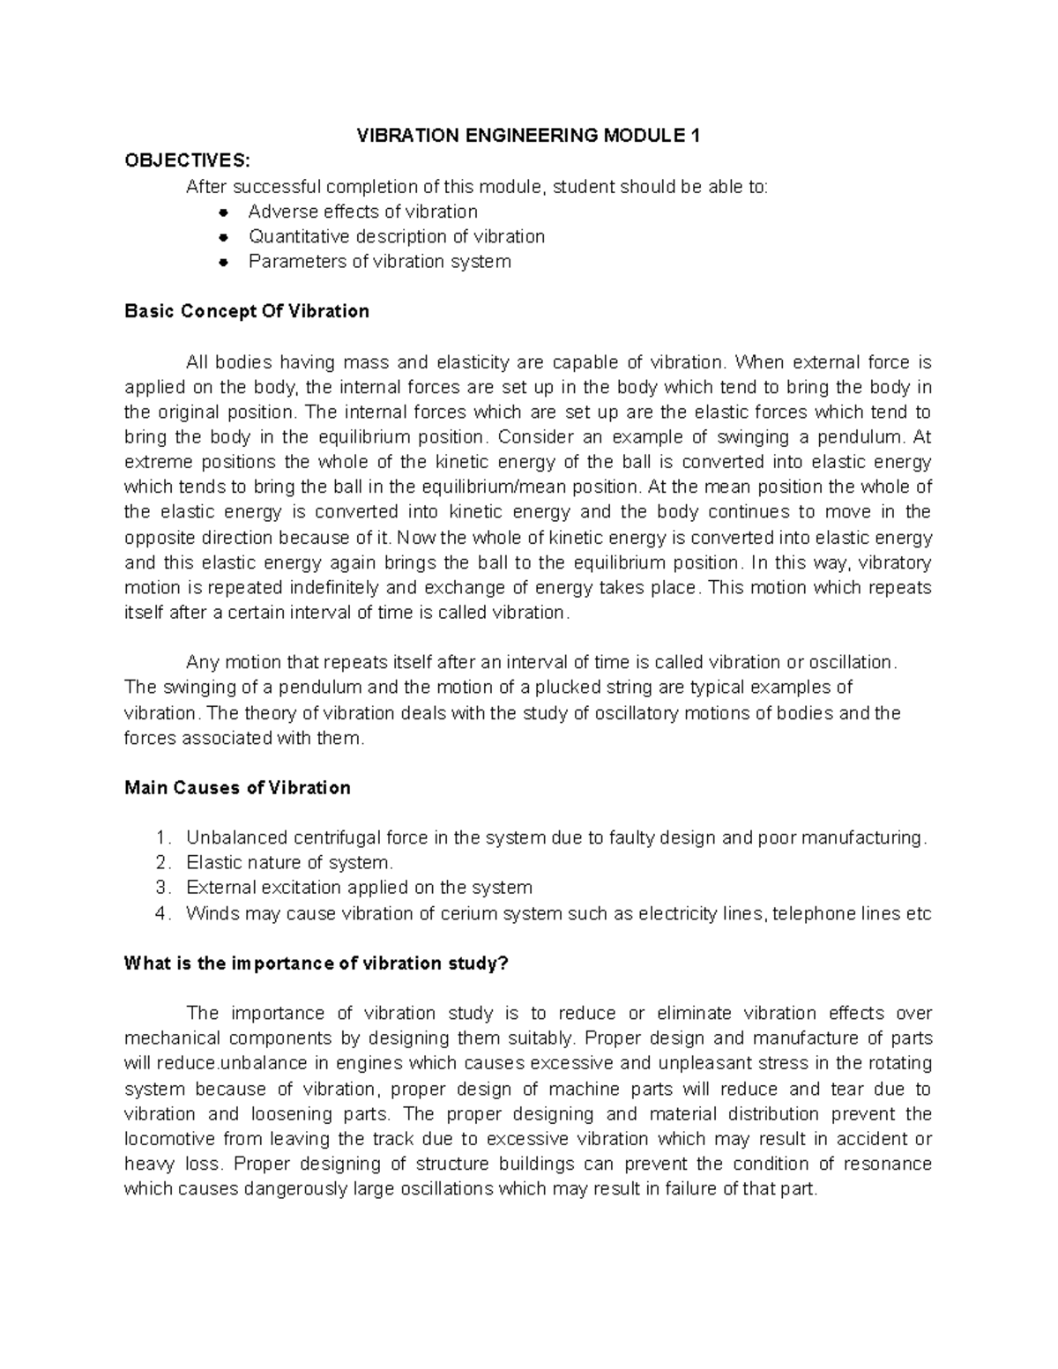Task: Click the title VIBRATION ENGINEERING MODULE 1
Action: [527, 135]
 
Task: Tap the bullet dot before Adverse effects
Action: [225, 212]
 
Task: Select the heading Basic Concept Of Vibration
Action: [247, 311]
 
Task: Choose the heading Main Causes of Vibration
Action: [237, 787]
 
